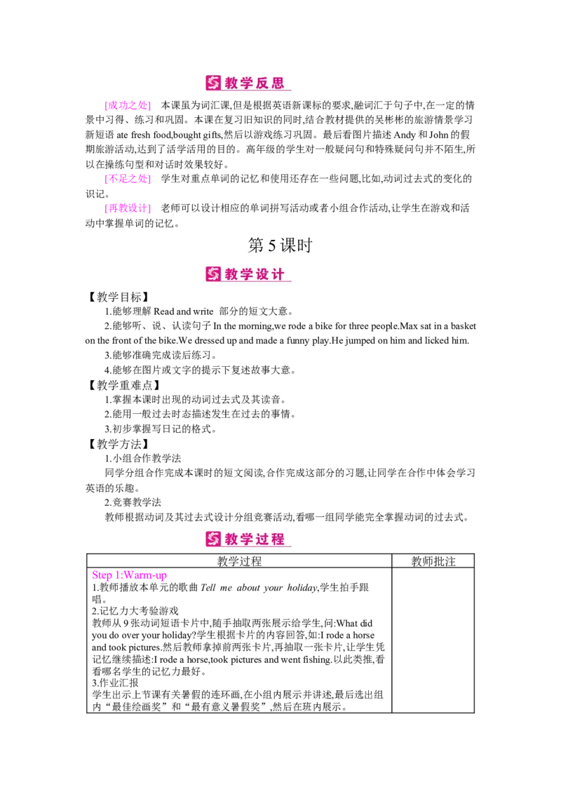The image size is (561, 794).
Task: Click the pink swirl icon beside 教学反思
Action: [x=213, y=83]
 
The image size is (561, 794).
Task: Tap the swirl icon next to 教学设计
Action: [x=213, y=274]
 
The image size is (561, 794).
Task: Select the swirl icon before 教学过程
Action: [x=213, y=539]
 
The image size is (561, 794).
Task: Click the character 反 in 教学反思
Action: [x=263, y=83]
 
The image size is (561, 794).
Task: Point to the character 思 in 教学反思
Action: [x=278, y=83]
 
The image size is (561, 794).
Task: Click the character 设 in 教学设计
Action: [x=263, y=274]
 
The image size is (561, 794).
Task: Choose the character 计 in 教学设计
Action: [x=278, y=274]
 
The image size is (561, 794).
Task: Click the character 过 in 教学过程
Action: [x=263, y=539]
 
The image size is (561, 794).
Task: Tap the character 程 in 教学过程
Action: [x=278, y=539]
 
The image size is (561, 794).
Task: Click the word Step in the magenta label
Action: [x=101, y=576]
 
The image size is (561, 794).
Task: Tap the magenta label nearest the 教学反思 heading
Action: [x=127, y=106]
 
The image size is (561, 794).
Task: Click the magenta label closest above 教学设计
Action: [x=127, y=208]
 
